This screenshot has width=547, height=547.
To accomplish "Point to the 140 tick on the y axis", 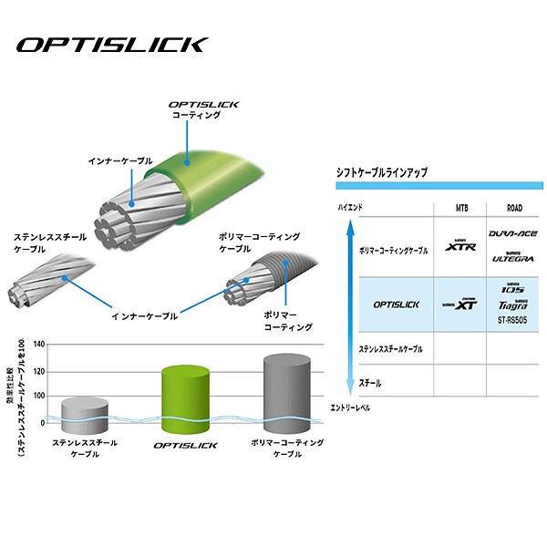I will pos(37,345).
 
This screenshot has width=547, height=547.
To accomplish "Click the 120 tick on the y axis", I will pos(37,370).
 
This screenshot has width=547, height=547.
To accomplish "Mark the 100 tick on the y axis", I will pos(37,396).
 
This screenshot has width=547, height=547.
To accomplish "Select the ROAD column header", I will pos(511,207).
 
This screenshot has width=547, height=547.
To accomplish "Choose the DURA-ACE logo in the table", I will pos(511,234).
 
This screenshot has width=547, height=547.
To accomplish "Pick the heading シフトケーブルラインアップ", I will pos(382,172).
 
